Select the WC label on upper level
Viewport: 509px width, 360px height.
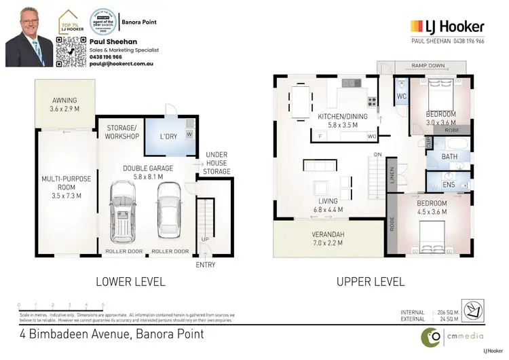401,97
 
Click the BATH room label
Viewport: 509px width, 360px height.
449,156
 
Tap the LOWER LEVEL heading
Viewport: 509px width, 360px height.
130,281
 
